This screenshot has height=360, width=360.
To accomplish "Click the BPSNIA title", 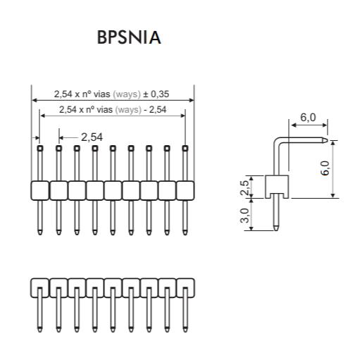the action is pyautogui.click(x=129, y=37).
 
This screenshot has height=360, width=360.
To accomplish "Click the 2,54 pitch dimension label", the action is pyautogui.click(x=92, y=137).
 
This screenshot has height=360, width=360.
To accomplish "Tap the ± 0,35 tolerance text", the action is pyautogui.click(x=156, y=94).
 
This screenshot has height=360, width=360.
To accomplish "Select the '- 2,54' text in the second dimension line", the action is pyautogui.click(x=155, y=110).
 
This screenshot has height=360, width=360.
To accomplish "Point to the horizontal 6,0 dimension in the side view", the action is pyautogui.click(x=308, y=118).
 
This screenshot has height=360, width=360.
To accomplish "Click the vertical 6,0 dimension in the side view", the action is pyautogui.click(x=325, y=168).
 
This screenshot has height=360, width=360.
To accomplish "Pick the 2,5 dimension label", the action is pyautogui.click(x=244, y=187).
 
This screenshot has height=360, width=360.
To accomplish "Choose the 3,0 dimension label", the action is pyautogui.click(x=244, y=216).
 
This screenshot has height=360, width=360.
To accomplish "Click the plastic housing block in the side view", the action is pyautogui.click(x=277, y=187).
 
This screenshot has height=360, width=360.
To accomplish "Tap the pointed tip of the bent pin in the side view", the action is pyautogui.click(x=327, y=140).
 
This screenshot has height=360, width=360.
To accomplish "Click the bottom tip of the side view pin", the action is pyautogui.click(x=276, y=230).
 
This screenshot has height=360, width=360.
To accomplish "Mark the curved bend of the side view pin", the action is pyautogui.click(x=278, y=142).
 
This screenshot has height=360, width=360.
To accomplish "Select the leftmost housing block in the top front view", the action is pyautogui.click(x=40, y=190).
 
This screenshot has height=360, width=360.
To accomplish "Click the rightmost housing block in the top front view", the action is pyautogui.click(x=185, y=190).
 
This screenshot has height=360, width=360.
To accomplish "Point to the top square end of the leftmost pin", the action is pyautogui.click(x=40, y=148).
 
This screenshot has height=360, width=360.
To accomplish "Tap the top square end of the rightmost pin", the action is pyautogui.click(x=185, y=148).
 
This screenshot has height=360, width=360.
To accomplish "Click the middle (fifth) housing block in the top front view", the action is pyautogui.click(x=113, y=190).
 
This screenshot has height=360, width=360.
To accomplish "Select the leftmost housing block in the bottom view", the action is pyautogui.click(x=40, y=288).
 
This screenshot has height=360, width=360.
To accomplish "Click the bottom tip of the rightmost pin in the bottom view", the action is pyautogui.click(x=185, y=331).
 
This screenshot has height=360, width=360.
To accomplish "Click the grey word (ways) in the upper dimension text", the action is pyautogui.click(x=127, y=94).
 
